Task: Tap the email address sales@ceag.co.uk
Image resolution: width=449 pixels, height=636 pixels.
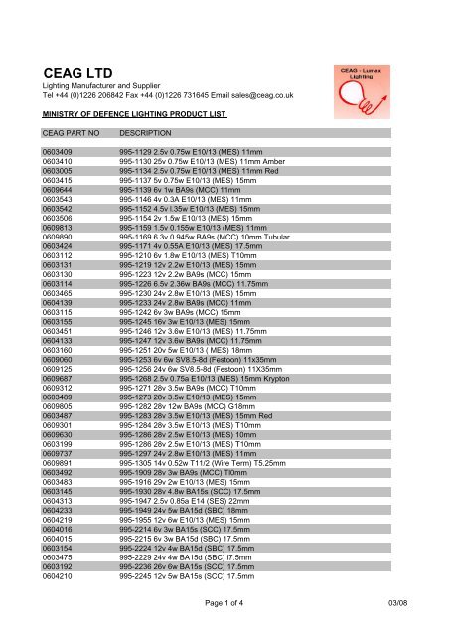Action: pyautogui.click(x=284, y=98)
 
